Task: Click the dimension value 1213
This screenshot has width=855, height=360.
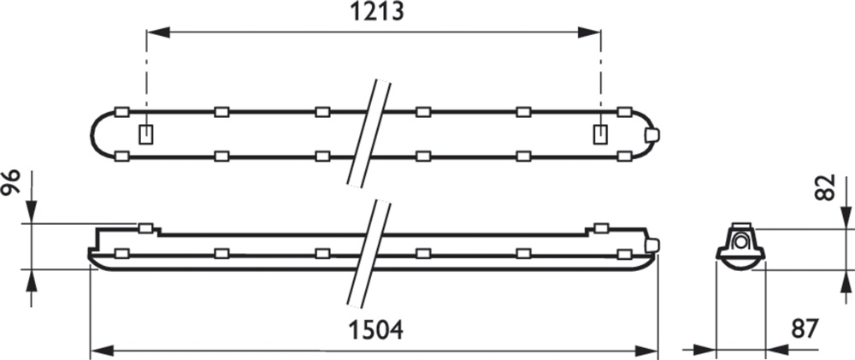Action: tap(377, 12)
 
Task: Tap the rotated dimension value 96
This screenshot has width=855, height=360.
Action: tap(11, 182)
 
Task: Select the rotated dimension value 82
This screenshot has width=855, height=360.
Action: tap(827, 187)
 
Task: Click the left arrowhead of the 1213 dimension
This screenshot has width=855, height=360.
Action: tap(159, 32)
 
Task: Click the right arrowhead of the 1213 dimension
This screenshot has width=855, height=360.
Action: tap(588, 32)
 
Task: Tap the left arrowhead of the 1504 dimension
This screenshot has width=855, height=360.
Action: tap(102, 351)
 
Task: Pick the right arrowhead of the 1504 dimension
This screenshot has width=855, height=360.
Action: tap(646, 351)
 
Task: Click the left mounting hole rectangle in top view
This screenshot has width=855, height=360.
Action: tap(146, 134)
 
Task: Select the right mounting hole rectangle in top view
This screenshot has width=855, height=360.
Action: tap(600, 134)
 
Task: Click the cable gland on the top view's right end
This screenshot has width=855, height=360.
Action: tap(652, 134)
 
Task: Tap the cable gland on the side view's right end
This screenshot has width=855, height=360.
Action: tap(652, 245)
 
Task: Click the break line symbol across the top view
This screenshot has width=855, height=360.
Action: tap(369, 133)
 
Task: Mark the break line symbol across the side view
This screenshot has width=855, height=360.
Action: tap(369, 254)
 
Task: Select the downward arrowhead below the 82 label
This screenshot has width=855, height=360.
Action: tap(846, 216)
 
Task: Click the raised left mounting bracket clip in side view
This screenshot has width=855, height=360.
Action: tap(145, 228)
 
